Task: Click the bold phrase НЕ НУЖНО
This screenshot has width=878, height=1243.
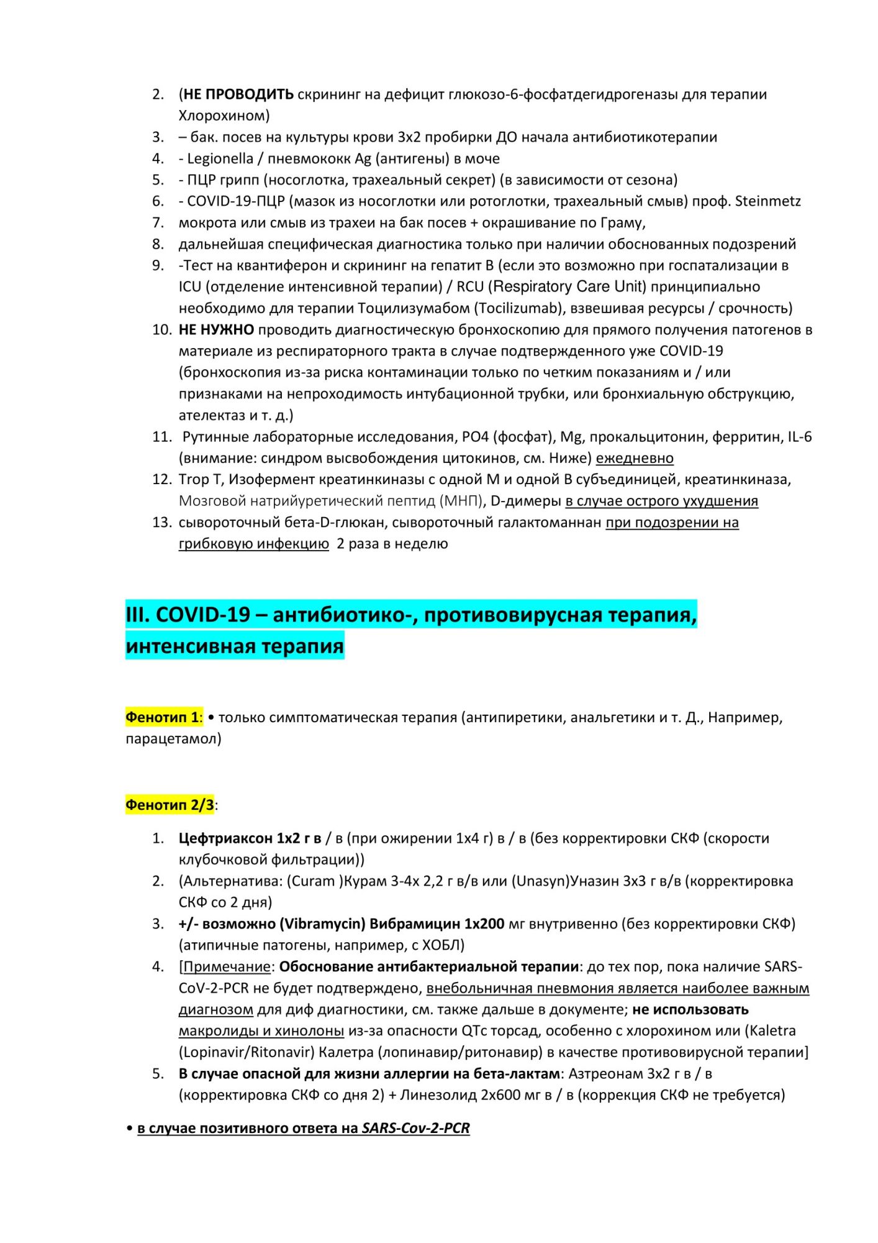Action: [x=216, y=329]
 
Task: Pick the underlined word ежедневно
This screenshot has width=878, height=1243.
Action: [x=635, y=458]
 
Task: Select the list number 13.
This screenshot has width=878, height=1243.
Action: [x=161, y=522]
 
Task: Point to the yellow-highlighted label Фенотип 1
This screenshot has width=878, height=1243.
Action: [x=162, y=717]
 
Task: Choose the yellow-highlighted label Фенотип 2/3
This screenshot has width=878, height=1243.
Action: [x=170, y=805]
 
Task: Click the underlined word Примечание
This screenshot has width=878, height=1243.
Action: [x=227, y=967]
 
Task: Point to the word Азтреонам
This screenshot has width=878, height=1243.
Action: [x=605, y=1074]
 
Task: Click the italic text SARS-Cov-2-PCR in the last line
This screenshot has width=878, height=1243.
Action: [x=415, y=1128]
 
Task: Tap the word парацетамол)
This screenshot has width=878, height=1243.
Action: [x=173, y=739]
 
